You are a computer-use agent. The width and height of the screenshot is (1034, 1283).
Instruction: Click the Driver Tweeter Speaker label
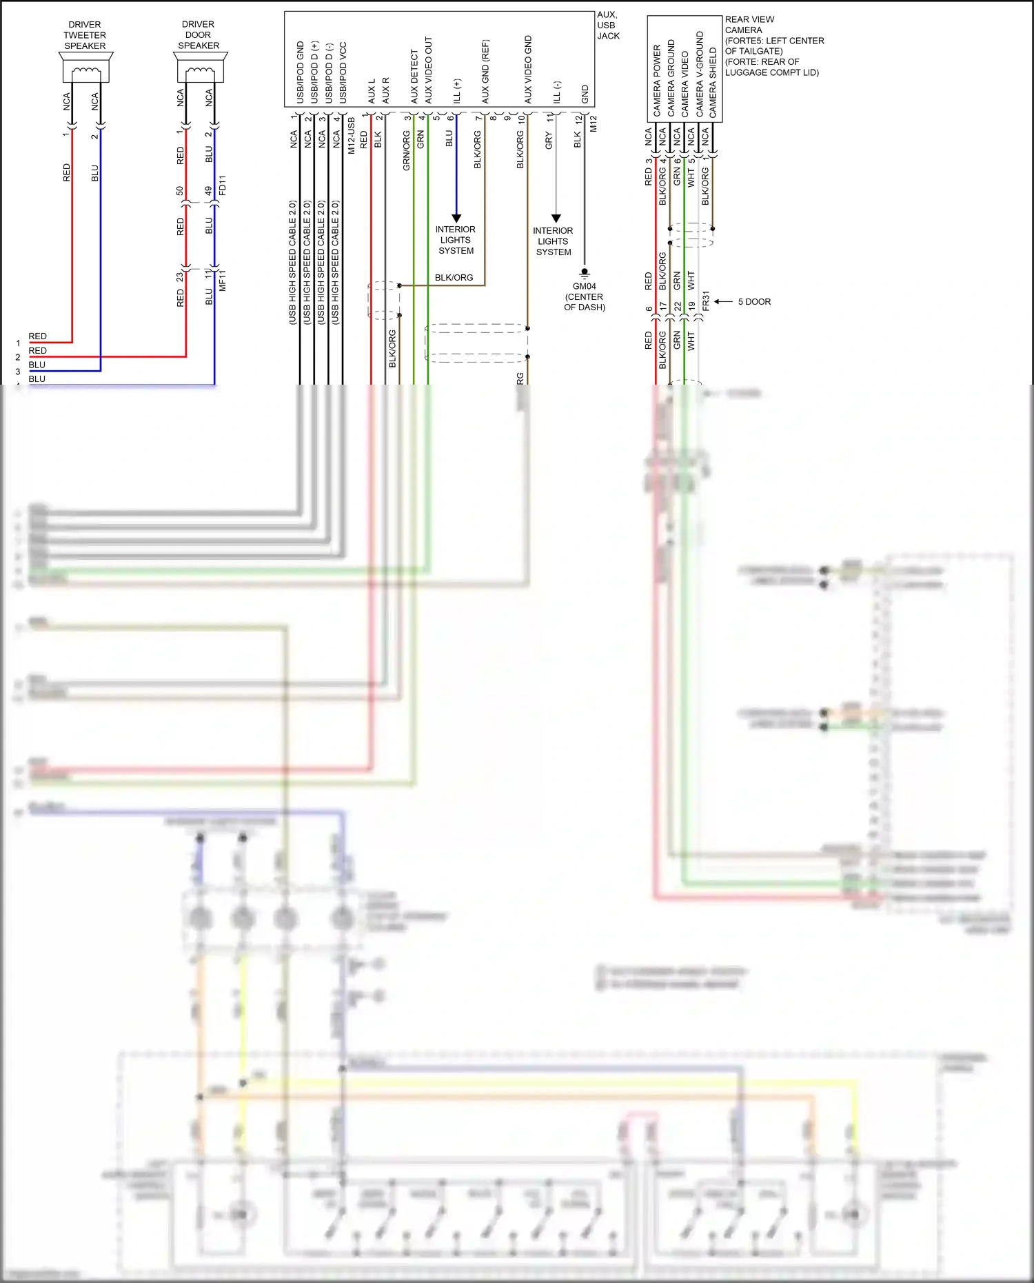[85, 35]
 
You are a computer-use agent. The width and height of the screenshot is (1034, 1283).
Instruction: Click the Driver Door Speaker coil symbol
[200, 71]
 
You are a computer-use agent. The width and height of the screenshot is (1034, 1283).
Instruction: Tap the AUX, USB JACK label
[607, 26]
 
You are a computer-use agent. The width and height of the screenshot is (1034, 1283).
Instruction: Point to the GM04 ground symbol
[585, 272]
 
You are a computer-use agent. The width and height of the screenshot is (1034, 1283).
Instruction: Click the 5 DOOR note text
[754, 302]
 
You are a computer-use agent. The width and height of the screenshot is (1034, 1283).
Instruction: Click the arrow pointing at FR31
[722, 301]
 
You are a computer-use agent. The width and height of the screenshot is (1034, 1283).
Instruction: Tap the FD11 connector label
[222, 185]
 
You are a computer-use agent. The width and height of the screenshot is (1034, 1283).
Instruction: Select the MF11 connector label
[222, 280]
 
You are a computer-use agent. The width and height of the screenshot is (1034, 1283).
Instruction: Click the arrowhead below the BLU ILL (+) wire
[456, 218]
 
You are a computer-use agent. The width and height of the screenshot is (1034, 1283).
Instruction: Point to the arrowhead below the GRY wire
[556, 219]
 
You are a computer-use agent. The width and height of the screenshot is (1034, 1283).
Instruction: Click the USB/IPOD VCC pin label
[343, 73]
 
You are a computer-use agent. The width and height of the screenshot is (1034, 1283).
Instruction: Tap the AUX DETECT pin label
[414, 76]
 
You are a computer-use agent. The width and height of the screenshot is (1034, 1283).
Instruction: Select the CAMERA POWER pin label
[657, 81]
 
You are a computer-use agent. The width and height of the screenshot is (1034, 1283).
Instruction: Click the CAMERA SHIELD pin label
[713, 82]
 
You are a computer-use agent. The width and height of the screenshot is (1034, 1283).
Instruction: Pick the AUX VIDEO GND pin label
[528, 70]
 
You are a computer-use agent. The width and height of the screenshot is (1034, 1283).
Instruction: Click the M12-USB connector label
[351, 135]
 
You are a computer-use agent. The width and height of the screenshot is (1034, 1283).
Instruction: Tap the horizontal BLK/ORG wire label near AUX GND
[454, 278]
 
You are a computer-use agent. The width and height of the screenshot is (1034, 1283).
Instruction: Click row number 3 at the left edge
[18, 372]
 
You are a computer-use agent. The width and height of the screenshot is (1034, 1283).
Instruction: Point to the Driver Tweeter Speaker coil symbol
[86, 71]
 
